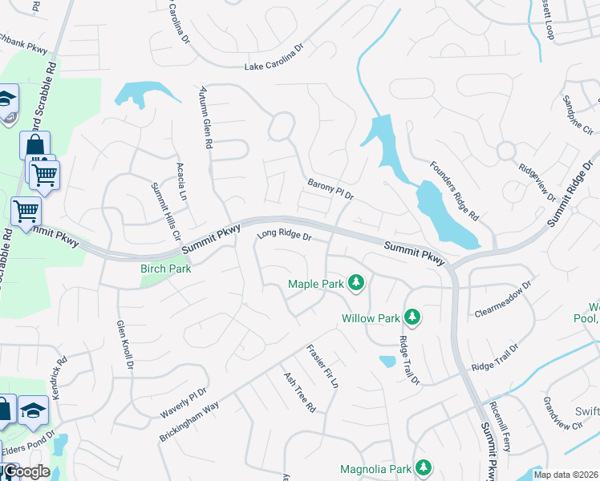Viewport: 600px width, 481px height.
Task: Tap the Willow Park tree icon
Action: [x=412, y=317]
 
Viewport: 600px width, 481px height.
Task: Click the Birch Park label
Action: [x=166, y=269]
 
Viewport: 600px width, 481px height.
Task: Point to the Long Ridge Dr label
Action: [x=283, y=236]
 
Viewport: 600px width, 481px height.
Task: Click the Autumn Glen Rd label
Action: [x=207, y=117]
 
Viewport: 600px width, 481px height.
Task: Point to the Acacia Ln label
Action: [x=181, y=181]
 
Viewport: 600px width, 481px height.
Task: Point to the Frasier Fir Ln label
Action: [x=322, y=367]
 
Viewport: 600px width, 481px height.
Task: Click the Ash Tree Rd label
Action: [x=298, y=393]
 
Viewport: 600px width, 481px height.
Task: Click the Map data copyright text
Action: [x=566, y=475]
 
